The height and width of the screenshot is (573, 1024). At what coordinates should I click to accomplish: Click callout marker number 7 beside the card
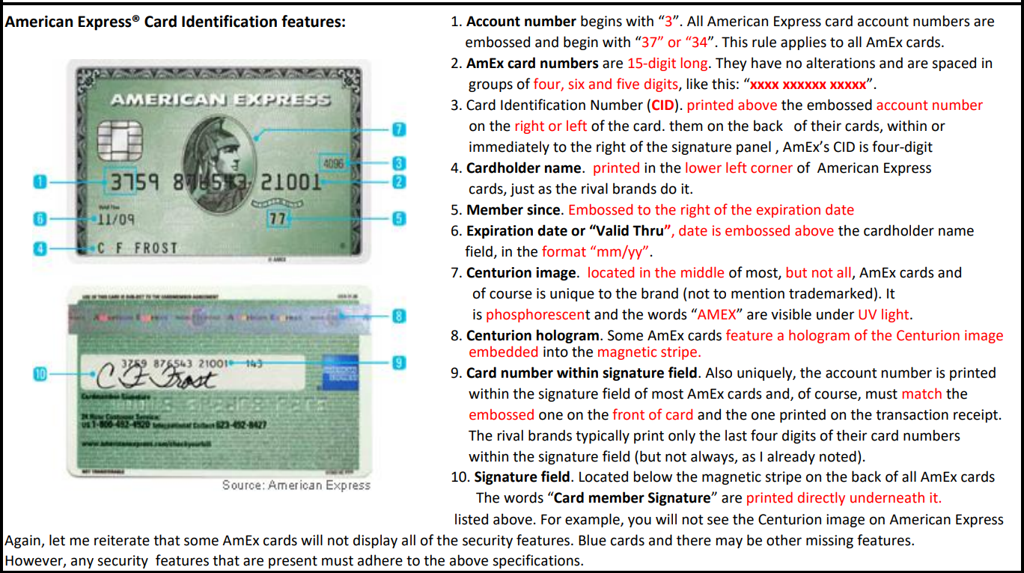pos(400,129)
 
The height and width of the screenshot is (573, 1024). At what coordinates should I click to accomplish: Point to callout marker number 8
pos(400,316)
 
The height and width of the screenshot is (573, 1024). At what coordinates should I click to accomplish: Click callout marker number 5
pos(400,219)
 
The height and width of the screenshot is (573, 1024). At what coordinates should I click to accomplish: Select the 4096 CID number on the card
pos(334,162)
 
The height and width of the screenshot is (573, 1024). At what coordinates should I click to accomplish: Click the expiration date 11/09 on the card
pos(115,220)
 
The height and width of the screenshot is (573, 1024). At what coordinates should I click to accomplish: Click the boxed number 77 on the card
pos(278,219)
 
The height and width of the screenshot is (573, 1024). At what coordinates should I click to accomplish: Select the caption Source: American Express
pos(296,485)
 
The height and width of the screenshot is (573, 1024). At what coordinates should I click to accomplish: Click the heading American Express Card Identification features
pos(175,22)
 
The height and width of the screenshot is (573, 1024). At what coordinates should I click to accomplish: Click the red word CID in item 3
pos(662,105)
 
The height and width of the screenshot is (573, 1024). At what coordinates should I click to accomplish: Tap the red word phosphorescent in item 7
pos(537,315)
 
